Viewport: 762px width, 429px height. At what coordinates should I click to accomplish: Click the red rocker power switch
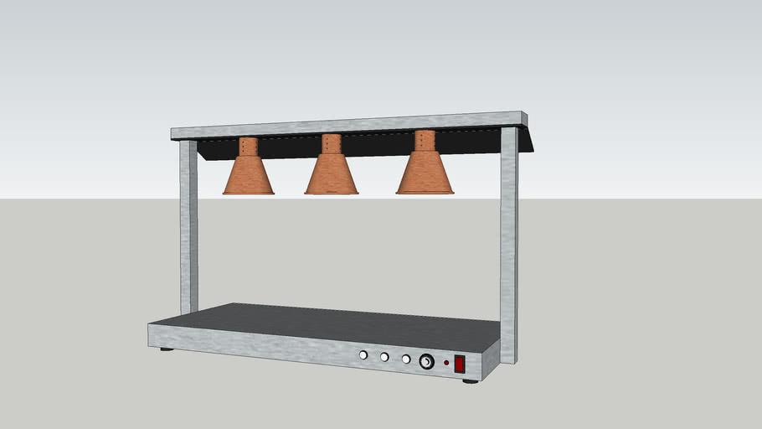(x=460, y=364)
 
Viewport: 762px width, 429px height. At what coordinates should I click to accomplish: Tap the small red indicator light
(x=446, y=363)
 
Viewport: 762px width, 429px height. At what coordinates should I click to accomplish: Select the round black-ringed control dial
(x=426, y=362)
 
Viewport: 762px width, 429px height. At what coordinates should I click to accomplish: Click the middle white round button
(x=384, y=357)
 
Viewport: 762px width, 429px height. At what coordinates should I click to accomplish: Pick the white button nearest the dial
(x=405, y=359)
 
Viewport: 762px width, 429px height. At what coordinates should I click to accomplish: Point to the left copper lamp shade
(x=248, y=177)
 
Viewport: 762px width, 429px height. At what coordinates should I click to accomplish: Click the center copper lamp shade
(x=332, y=176)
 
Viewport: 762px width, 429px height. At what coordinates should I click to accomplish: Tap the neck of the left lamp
(x=247, y=147)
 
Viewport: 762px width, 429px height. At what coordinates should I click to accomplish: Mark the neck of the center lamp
(x=332, y=144)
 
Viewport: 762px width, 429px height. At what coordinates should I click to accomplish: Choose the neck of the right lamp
(x=425, y=141)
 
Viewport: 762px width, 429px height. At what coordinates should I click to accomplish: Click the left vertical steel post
(x=188, y=226)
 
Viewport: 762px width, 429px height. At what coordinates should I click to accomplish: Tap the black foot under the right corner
(x=470, y=380)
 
